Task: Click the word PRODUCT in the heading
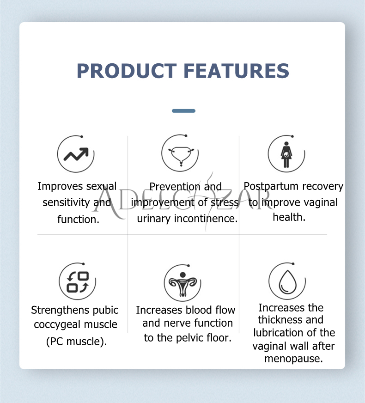127,71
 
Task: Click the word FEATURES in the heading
237,71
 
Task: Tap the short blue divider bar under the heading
184,111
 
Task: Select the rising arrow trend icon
76,154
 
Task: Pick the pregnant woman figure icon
286,154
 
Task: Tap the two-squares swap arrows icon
78,282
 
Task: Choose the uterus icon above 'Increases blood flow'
182,284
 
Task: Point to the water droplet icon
288,282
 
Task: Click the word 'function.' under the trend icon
79,220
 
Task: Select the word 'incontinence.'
206,219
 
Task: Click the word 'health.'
289,217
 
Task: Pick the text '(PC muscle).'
77,342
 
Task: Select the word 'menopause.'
293,359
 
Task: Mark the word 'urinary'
153,219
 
